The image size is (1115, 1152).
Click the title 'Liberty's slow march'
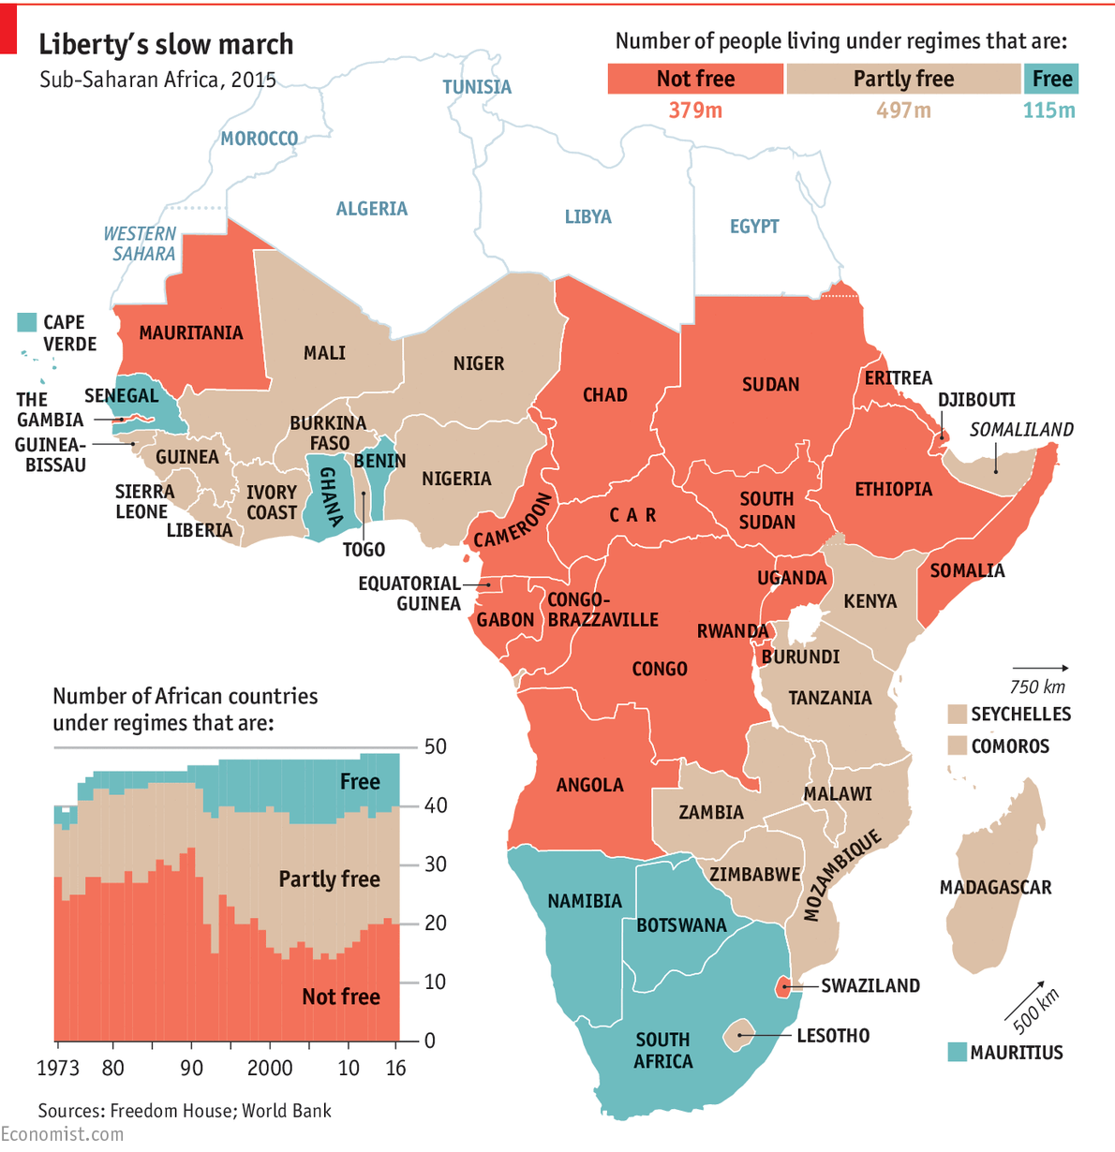point(166,45)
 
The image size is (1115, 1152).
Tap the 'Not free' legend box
point(695,79)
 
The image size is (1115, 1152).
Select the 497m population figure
point(903,111)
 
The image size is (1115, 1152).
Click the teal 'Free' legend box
point(1051,79)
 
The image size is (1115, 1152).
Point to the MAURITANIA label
point(191,332)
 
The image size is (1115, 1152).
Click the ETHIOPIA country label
point(893,489)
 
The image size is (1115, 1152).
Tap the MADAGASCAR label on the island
point(995,887)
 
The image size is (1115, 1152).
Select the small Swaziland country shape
point(781,986)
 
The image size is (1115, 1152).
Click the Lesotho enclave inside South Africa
point(739,1036)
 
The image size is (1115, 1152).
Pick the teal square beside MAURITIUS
point(957,1052)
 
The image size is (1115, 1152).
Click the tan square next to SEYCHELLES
point(957,715)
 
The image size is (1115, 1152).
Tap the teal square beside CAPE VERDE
point(27,322)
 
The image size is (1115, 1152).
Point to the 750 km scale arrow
point(1039,669)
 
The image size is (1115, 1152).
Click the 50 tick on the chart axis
point(436,746)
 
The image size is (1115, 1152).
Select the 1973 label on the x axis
point(58,1068)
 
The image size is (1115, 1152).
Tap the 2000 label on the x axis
point(270,1068)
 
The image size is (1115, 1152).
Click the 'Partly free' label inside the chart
point(329,879)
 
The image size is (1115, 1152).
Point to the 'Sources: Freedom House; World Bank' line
point(185,1111)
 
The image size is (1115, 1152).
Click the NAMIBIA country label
point(585,901)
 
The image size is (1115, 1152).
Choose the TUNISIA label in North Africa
point(477,87)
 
